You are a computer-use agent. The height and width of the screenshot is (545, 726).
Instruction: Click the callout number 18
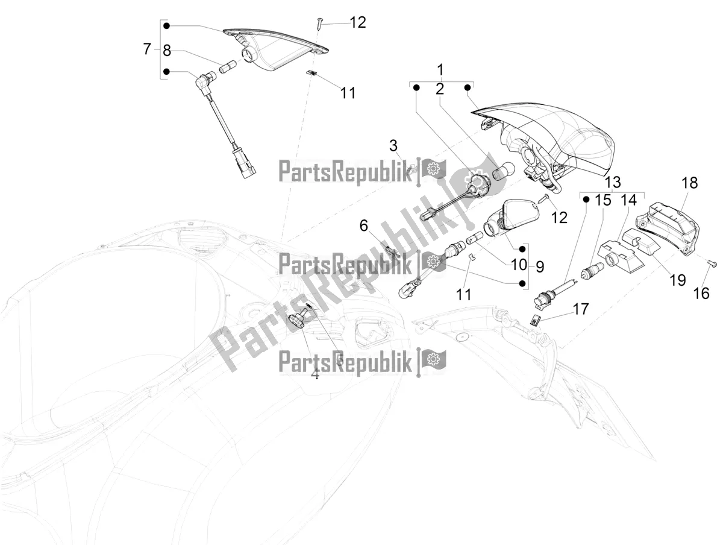point(690,183)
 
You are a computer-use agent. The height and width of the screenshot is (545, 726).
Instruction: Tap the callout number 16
point(701,294)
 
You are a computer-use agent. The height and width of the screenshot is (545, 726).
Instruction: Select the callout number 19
point(677,280)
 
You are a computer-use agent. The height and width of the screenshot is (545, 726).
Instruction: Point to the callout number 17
point(581,309)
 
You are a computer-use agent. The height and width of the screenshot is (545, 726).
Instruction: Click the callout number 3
point(393,146)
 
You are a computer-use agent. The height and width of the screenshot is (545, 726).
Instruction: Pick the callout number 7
point(147,49)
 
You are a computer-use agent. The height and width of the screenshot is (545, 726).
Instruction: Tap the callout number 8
point(167,51)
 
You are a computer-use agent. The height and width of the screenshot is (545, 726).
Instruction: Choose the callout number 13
point(613,182)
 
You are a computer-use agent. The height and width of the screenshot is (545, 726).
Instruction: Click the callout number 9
point(540,266)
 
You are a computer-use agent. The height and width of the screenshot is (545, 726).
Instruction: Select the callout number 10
point(519,265)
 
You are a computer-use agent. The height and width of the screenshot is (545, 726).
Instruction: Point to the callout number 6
point(363,226)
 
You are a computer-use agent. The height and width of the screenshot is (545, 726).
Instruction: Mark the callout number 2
point(440,89)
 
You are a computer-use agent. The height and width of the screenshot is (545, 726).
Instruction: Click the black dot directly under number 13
point(586,200)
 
